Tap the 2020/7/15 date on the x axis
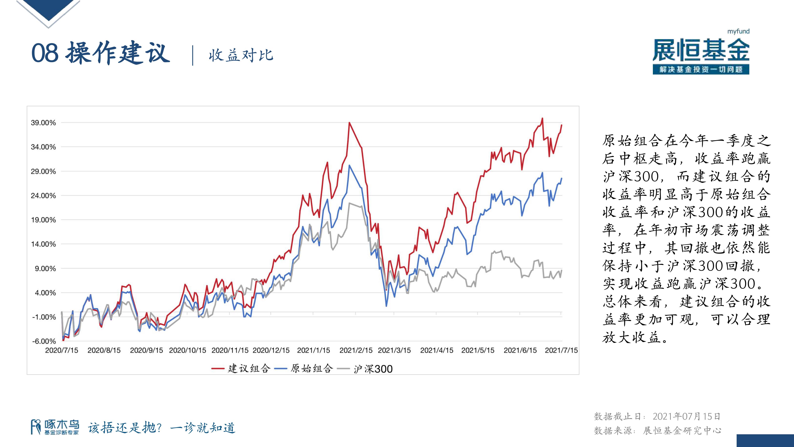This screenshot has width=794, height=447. click(62, 350)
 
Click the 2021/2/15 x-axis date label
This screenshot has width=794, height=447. click(356, 350)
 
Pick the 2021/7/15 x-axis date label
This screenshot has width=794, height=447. click(561, 350)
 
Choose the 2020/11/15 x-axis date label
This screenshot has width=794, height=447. click(230, 350)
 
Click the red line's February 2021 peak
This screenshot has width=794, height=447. click(349, 123)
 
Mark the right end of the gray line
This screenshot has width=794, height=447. click(562, 270)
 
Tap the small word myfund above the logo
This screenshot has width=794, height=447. click(738, 31)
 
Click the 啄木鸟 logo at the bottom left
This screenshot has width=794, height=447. click(55, 427)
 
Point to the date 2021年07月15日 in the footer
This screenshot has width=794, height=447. click(686, 416)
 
